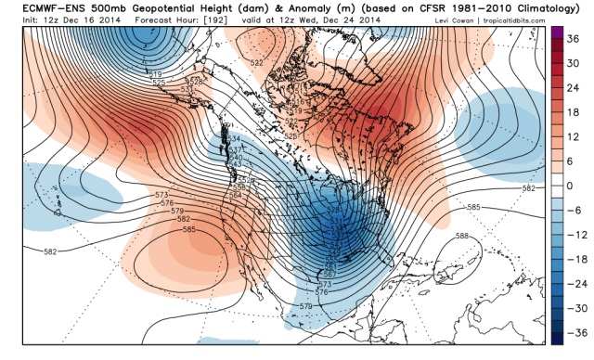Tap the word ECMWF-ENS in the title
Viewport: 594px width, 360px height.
click(36, 9)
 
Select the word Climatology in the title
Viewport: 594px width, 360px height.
click(549, 9)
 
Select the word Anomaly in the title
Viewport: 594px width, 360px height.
click(279, 9)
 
